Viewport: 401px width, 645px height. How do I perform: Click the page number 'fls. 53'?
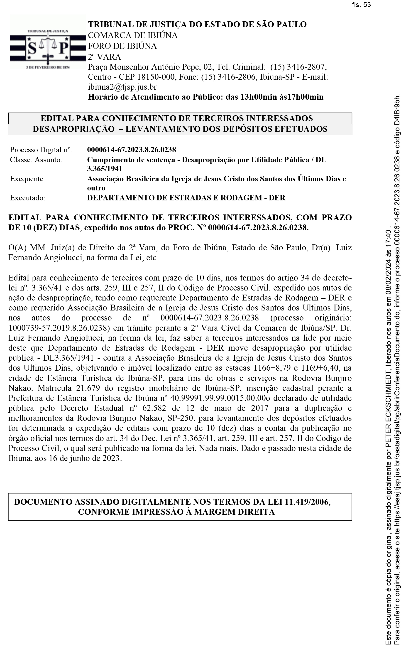[362, 5]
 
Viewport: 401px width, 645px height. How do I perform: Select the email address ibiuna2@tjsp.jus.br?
[122, 87]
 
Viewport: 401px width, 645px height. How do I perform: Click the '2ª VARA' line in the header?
[105, 57]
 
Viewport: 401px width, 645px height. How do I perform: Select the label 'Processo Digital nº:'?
[41, 150]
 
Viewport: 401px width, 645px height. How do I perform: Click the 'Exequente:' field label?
[28, 179]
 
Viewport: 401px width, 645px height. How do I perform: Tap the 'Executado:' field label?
[28, 198]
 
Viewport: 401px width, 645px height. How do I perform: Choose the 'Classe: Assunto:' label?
[36, 160]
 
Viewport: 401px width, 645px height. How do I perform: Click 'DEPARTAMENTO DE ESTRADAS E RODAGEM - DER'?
[186, 198]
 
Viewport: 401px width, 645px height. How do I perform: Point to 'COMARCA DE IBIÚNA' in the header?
[133, 35]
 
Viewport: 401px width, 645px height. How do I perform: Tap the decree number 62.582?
[154, 408]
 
